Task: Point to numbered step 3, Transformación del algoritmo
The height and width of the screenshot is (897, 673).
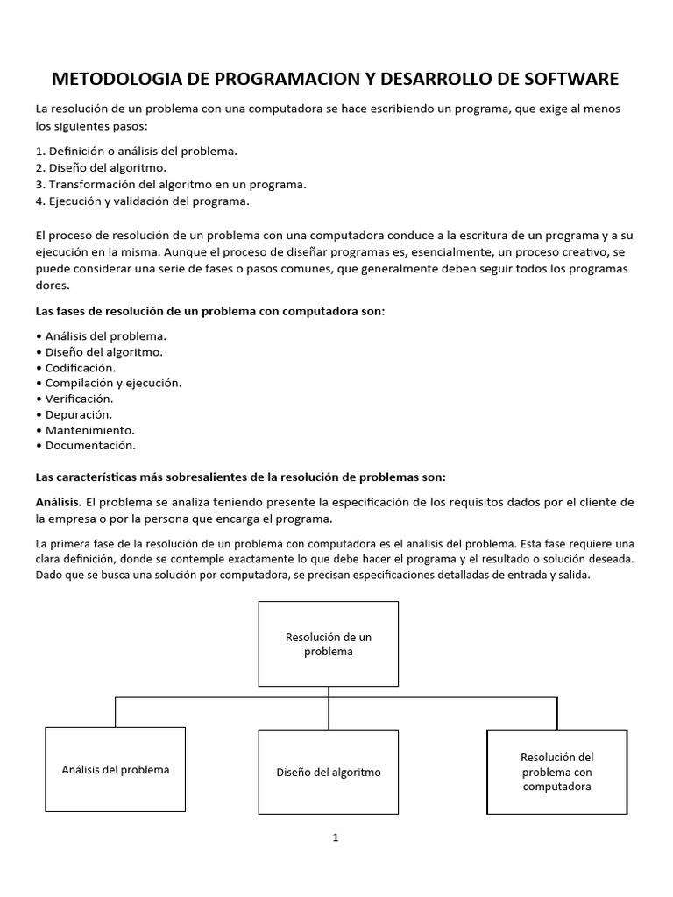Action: (171, 184)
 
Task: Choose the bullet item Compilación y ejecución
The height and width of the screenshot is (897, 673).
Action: (109, 383)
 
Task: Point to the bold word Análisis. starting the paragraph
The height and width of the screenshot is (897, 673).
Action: (59, 502)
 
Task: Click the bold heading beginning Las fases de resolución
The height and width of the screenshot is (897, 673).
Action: (209, 311)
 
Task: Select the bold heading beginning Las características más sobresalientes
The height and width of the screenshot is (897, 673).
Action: (240, 477)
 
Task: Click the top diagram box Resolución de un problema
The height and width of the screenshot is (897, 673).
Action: (329, 643)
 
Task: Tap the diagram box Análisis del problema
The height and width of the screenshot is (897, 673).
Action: (115, 769)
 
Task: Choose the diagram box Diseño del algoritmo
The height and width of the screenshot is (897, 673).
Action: (329, 772)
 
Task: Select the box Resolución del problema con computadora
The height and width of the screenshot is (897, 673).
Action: (556, 772)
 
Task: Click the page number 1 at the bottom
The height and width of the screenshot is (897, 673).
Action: (336, 837)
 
